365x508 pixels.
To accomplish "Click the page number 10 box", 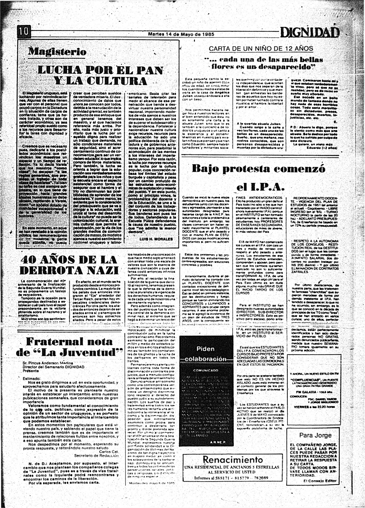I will click(x=24, y=33).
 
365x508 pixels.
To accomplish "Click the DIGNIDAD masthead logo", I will click(x=310, y=33).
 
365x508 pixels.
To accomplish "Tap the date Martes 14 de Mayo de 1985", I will click(x=181, y=34).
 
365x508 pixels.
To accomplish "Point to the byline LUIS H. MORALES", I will click(x=156, y=239).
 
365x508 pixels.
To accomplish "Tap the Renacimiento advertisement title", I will click(x=233, y=460).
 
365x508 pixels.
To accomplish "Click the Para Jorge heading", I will click(x=315, y=435).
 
